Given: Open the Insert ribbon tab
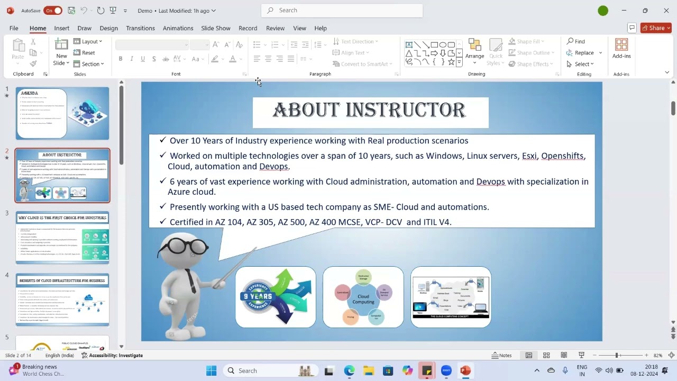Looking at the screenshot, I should tap(61, 28).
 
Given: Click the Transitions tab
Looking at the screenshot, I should tap(140, 28).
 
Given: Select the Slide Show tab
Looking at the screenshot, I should tap(215, 28).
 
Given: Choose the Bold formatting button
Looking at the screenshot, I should tap(121, 59).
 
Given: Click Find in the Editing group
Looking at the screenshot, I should tap(576, 41).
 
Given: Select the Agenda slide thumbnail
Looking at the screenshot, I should tap(62, 113).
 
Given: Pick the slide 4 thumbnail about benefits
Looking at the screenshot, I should tap(62, 299).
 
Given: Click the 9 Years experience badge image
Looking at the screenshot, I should tap(276, 297).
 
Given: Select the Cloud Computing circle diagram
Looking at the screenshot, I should tap(363, 297).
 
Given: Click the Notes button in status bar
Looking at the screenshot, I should tap(501, 355).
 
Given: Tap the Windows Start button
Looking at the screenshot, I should tap(211, 370).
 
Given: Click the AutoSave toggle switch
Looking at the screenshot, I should tap(53, 11).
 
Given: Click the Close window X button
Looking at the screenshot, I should tap(666, 11).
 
